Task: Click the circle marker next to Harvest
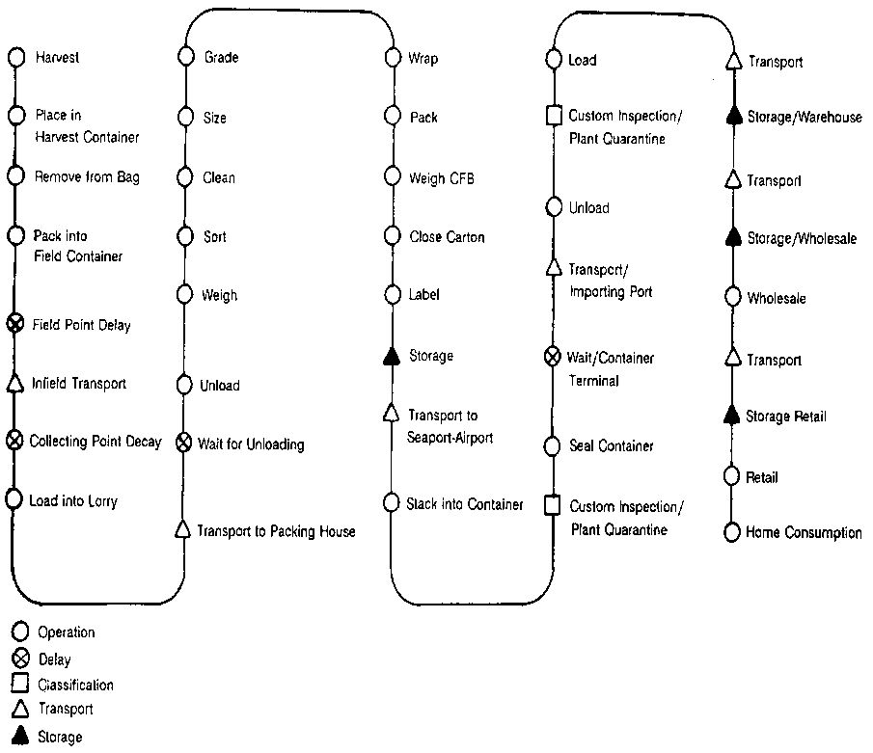tap(15, 58)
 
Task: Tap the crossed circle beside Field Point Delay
tap(15, 324)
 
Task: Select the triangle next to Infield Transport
tap(15, 384)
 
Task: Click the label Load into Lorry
tap(73, 501)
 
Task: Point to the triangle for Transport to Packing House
tap(183, 530)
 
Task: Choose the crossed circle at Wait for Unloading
tap(183, 444)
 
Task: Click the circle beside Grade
tap(185, 58)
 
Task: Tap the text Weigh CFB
tap(442, 178)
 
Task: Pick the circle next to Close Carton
tap(392, 236)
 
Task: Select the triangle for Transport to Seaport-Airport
tap(392, 414)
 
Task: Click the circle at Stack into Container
tap(391, 502)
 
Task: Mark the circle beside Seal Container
tap(553, 445)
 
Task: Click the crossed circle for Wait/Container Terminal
tap(553, 358)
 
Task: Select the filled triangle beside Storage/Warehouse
tap(732, 117)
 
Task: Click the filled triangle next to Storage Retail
tap(732, 416)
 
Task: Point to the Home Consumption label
tap(804, 532)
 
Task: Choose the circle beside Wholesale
tap(732, 298)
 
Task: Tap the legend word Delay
tap(54, 659)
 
